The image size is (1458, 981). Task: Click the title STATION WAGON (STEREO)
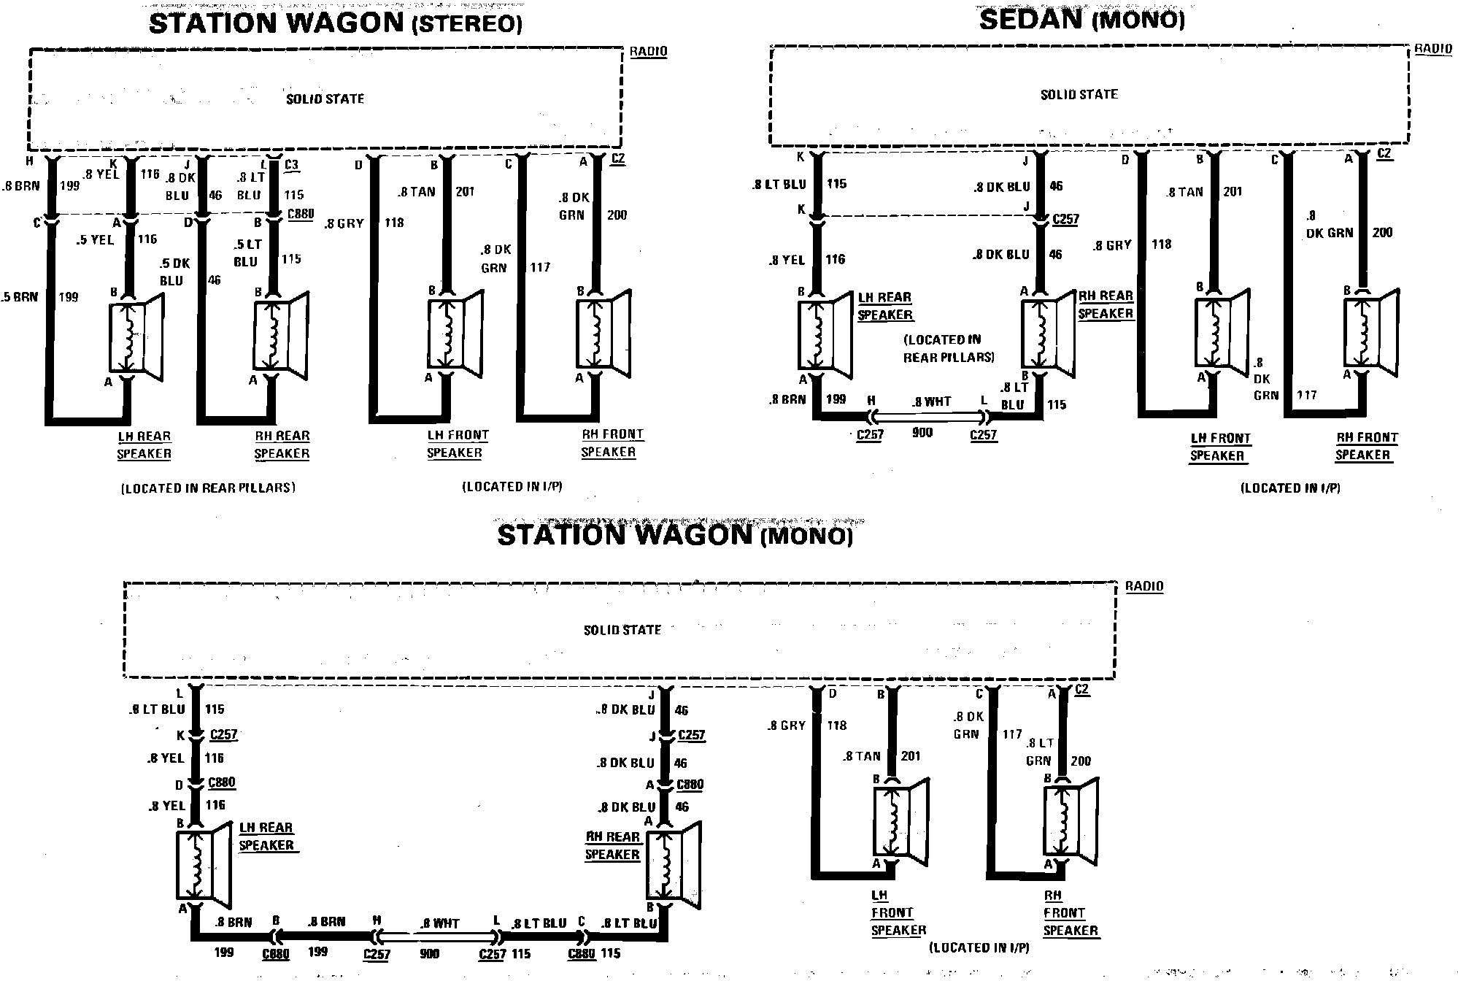click(336, 23)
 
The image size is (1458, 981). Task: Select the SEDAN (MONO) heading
click(1081, 20)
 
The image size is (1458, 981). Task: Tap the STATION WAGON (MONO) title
click(675, 535)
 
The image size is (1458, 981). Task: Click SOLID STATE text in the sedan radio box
click(1079, 94)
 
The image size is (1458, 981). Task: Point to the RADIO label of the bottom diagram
click(1143, 586)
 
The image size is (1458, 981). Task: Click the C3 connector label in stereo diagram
click(291, 165)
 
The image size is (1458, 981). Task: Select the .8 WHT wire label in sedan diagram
click(932, 401)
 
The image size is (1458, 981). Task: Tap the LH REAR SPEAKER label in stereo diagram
click(144, 445)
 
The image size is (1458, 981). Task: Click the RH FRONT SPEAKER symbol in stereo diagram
click(604, 333)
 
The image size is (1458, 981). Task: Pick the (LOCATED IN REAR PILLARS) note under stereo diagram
click(208, 488)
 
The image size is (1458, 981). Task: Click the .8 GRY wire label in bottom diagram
click(787, 726)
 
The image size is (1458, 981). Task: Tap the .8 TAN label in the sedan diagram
click(1184, 192)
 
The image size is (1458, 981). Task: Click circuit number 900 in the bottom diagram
click(430, 954)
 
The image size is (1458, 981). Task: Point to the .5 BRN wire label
click(20, 297)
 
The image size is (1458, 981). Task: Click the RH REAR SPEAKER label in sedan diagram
click(1106, 304)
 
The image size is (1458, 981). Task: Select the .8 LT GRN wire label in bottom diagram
click(1039, 752)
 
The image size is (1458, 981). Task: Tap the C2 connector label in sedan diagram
click(1384, 154)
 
